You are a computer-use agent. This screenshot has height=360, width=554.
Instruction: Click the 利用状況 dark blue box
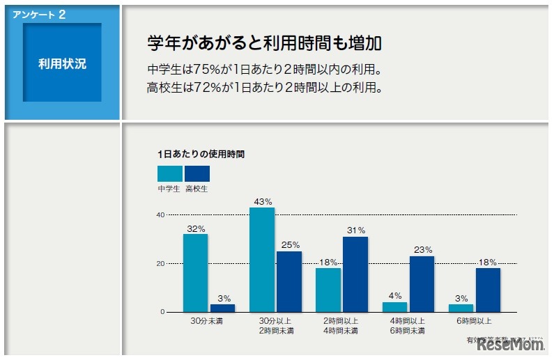[x=63, y=63]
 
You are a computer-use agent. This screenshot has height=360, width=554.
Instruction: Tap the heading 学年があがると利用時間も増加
[x=265, y=43]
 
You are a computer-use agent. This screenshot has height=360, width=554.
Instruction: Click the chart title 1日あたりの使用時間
[x=201, y=154]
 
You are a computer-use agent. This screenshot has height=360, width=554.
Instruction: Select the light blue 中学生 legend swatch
[x=170, y=174]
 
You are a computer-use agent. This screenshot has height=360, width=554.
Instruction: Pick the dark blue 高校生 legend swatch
[x=197, y=174]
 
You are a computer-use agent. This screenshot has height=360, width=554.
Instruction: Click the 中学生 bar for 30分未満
[x=196, y=273]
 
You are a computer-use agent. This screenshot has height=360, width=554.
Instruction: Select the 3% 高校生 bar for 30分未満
[x=222, y=308]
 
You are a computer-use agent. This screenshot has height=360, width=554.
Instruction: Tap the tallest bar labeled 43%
[x=262, y=260]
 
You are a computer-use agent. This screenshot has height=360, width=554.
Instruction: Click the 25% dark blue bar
[x=289, y=281]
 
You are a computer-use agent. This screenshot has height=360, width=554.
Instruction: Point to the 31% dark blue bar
[x=355, y=274]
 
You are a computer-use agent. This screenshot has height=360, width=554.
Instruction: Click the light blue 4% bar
[x=394, y=307]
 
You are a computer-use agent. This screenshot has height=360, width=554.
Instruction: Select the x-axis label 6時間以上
[x=475, y=321]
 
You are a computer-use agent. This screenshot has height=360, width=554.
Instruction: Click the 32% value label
[x=196, y=228]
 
